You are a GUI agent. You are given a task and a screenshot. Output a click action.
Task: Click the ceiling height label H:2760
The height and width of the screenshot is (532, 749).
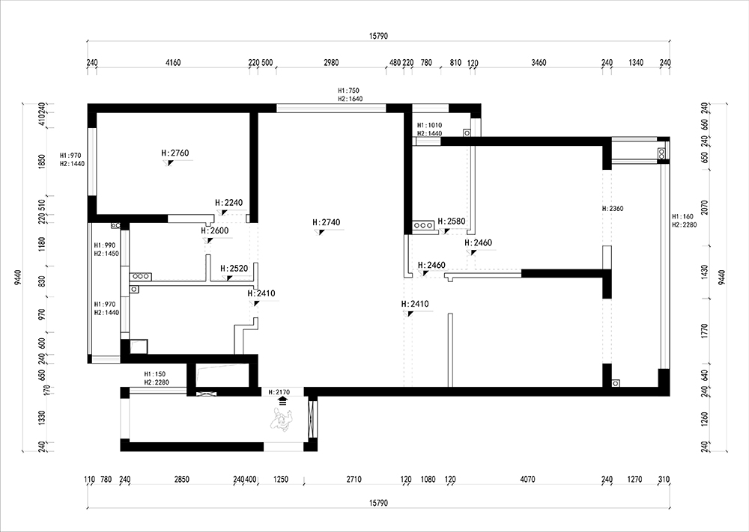coord(176,153)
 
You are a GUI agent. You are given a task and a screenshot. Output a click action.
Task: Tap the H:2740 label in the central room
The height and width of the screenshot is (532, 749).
coord(327,222)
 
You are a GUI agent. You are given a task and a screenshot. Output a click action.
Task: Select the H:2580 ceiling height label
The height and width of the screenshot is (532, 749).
coord(452,221)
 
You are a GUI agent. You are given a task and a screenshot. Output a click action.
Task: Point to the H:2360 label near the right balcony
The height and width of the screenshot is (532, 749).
coord(613,209)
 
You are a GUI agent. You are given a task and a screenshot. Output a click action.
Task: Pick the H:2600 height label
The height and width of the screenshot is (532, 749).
coord(214,231)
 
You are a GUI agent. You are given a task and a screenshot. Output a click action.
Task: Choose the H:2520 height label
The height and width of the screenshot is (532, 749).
coord(234,268)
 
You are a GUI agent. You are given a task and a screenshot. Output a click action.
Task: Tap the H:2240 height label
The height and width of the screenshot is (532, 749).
coord(228,203)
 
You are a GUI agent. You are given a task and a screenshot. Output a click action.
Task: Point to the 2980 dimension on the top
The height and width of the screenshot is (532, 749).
coord(331,62)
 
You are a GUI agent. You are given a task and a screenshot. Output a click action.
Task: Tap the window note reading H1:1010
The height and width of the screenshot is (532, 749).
coord(430,125)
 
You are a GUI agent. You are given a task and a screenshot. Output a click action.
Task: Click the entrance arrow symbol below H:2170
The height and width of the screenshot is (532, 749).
coord(282,400)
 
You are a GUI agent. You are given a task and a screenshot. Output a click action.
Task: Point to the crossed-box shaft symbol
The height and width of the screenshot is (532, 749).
coord(207,393)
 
